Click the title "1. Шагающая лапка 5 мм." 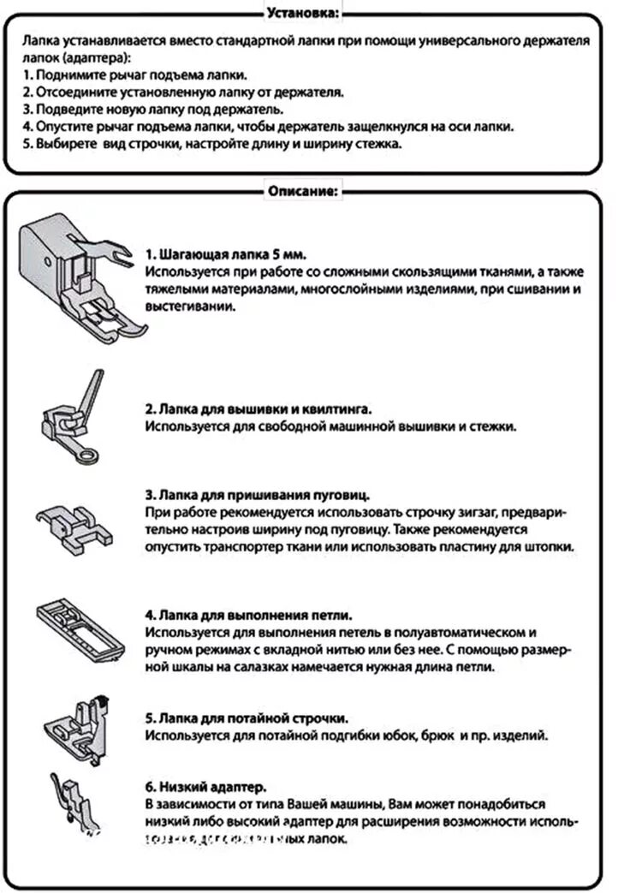(x=225, y=255)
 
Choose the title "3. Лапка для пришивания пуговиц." (x=257, y=496)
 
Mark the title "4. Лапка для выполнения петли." (x=249, y=616)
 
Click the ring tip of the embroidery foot (x=84, y=458)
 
